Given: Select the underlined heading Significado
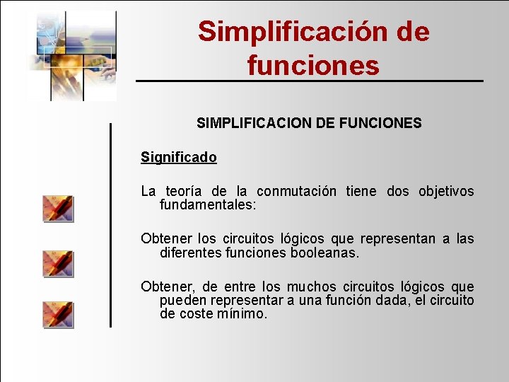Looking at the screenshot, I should point(179,157).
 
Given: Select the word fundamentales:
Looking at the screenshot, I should point(208,205).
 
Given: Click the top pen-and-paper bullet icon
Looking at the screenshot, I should point(58,209).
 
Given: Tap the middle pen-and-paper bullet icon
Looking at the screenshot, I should point(58,262).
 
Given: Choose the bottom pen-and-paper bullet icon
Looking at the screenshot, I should point(58,314).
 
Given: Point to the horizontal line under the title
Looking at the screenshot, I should point(310,81).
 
